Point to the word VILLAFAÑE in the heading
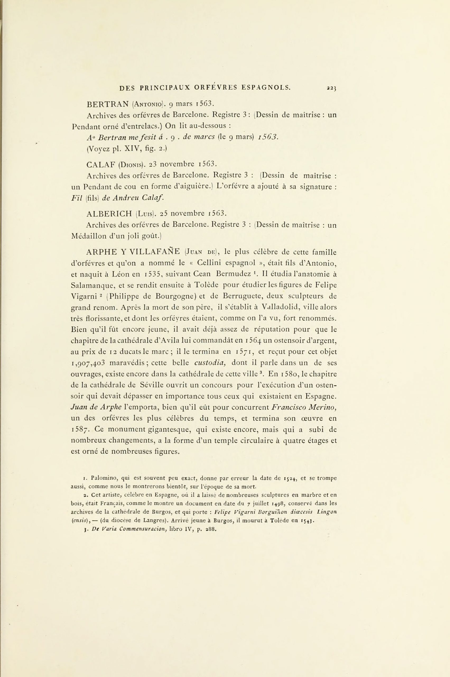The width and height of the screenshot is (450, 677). tap(155, 252)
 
